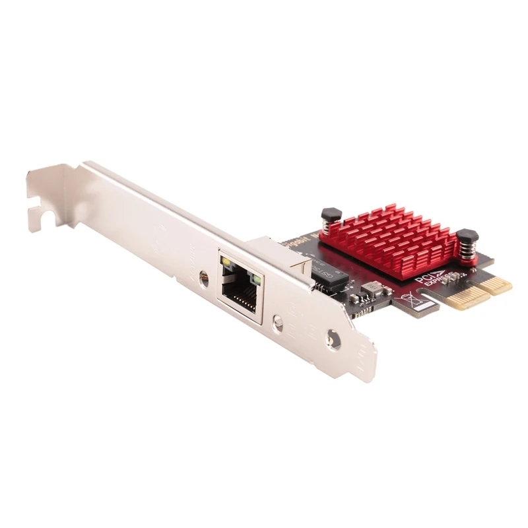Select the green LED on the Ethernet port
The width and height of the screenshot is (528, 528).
coord(256,279)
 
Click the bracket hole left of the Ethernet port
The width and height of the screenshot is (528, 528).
coord(204,279)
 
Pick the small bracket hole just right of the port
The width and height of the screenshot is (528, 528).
coord(278,323)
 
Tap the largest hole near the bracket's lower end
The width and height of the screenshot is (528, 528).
coord(334,340)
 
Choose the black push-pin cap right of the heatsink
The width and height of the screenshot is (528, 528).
coord(467,235)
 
